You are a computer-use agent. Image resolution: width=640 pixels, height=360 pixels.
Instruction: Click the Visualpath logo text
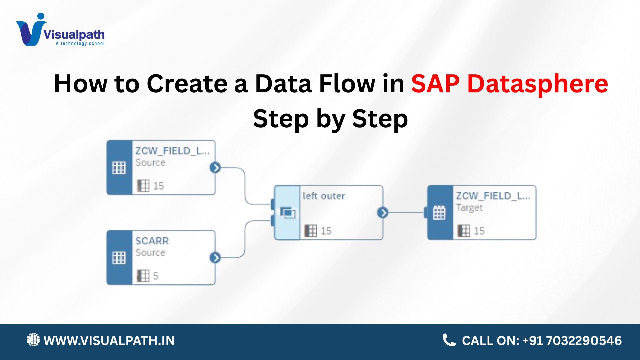(74, 34)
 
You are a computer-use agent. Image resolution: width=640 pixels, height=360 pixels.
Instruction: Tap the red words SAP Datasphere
(510, 83)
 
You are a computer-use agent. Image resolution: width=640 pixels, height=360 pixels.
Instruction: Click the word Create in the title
(187, 83)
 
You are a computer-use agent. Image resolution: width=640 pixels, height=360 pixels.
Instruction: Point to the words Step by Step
(330, 119)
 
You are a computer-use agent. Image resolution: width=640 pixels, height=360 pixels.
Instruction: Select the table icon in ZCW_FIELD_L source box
(119, 168)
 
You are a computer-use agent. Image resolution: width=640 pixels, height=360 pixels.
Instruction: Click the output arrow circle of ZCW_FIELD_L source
(215, 167)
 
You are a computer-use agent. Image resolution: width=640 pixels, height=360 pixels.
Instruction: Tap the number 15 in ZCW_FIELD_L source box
(158, 186)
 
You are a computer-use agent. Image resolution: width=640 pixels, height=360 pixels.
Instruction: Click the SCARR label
(152, 241)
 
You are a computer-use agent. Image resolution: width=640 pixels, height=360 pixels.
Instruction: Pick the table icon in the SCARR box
(119, 258)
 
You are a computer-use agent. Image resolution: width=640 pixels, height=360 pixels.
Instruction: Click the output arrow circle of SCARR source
(215, 257)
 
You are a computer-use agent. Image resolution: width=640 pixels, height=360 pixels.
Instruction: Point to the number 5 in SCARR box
(156, 276)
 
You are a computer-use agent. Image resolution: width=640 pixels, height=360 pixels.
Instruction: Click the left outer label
(324, 196)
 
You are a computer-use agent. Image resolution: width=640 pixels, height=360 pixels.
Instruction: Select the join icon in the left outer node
(287, 213)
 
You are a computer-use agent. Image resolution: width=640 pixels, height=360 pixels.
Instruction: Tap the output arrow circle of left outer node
(383, 212)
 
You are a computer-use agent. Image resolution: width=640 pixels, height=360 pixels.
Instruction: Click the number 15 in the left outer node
(326, 231)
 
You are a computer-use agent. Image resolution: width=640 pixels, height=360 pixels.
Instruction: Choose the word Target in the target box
(469, 208)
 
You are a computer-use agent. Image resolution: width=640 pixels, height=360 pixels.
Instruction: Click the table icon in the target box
(439, 213)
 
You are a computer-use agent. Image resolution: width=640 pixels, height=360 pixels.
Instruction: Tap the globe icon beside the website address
(33, 340)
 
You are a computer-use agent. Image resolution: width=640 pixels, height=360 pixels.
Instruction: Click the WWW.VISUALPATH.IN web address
(109, 341)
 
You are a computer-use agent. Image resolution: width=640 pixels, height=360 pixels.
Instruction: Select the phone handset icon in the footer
(449, 340)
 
